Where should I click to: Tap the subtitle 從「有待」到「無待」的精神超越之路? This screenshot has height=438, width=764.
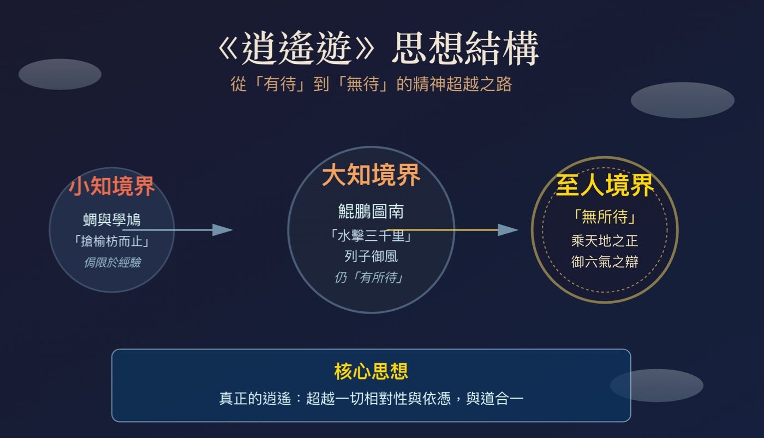[371, 84]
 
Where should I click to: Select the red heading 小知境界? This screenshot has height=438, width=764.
[112, 186]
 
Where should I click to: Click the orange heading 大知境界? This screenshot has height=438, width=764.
[371, 175]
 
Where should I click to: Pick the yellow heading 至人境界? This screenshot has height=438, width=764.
[605, 185]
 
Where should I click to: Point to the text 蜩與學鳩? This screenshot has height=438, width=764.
[112, 220]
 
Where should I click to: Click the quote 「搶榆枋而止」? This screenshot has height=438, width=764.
[112, 241]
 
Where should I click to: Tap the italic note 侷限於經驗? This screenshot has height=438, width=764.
[112, 263]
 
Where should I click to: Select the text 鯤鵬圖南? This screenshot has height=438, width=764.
[371, 211]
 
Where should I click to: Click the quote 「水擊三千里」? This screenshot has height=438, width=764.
[371, 235]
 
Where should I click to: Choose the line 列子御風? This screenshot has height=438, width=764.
[371, 256]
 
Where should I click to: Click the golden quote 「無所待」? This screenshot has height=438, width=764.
[605, 216]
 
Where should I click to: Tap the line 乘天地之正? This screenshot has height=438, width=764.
[605, 241]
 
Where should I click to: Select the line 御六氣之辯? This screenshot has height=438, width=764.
[605, 262]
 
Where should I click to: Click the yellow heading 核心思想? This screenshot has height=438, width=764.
[371, 371]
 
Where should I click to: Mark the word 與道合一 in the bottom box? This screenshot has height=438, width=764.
[494, 398]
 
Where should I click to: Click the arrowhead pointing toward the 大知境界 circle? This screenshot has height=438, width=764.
[223, 230]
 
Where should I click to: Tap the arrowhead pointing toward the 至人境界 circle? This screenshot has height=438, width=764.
[508, 230]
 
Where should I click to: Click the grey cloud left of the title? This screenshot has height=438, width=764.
[60, 74]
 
